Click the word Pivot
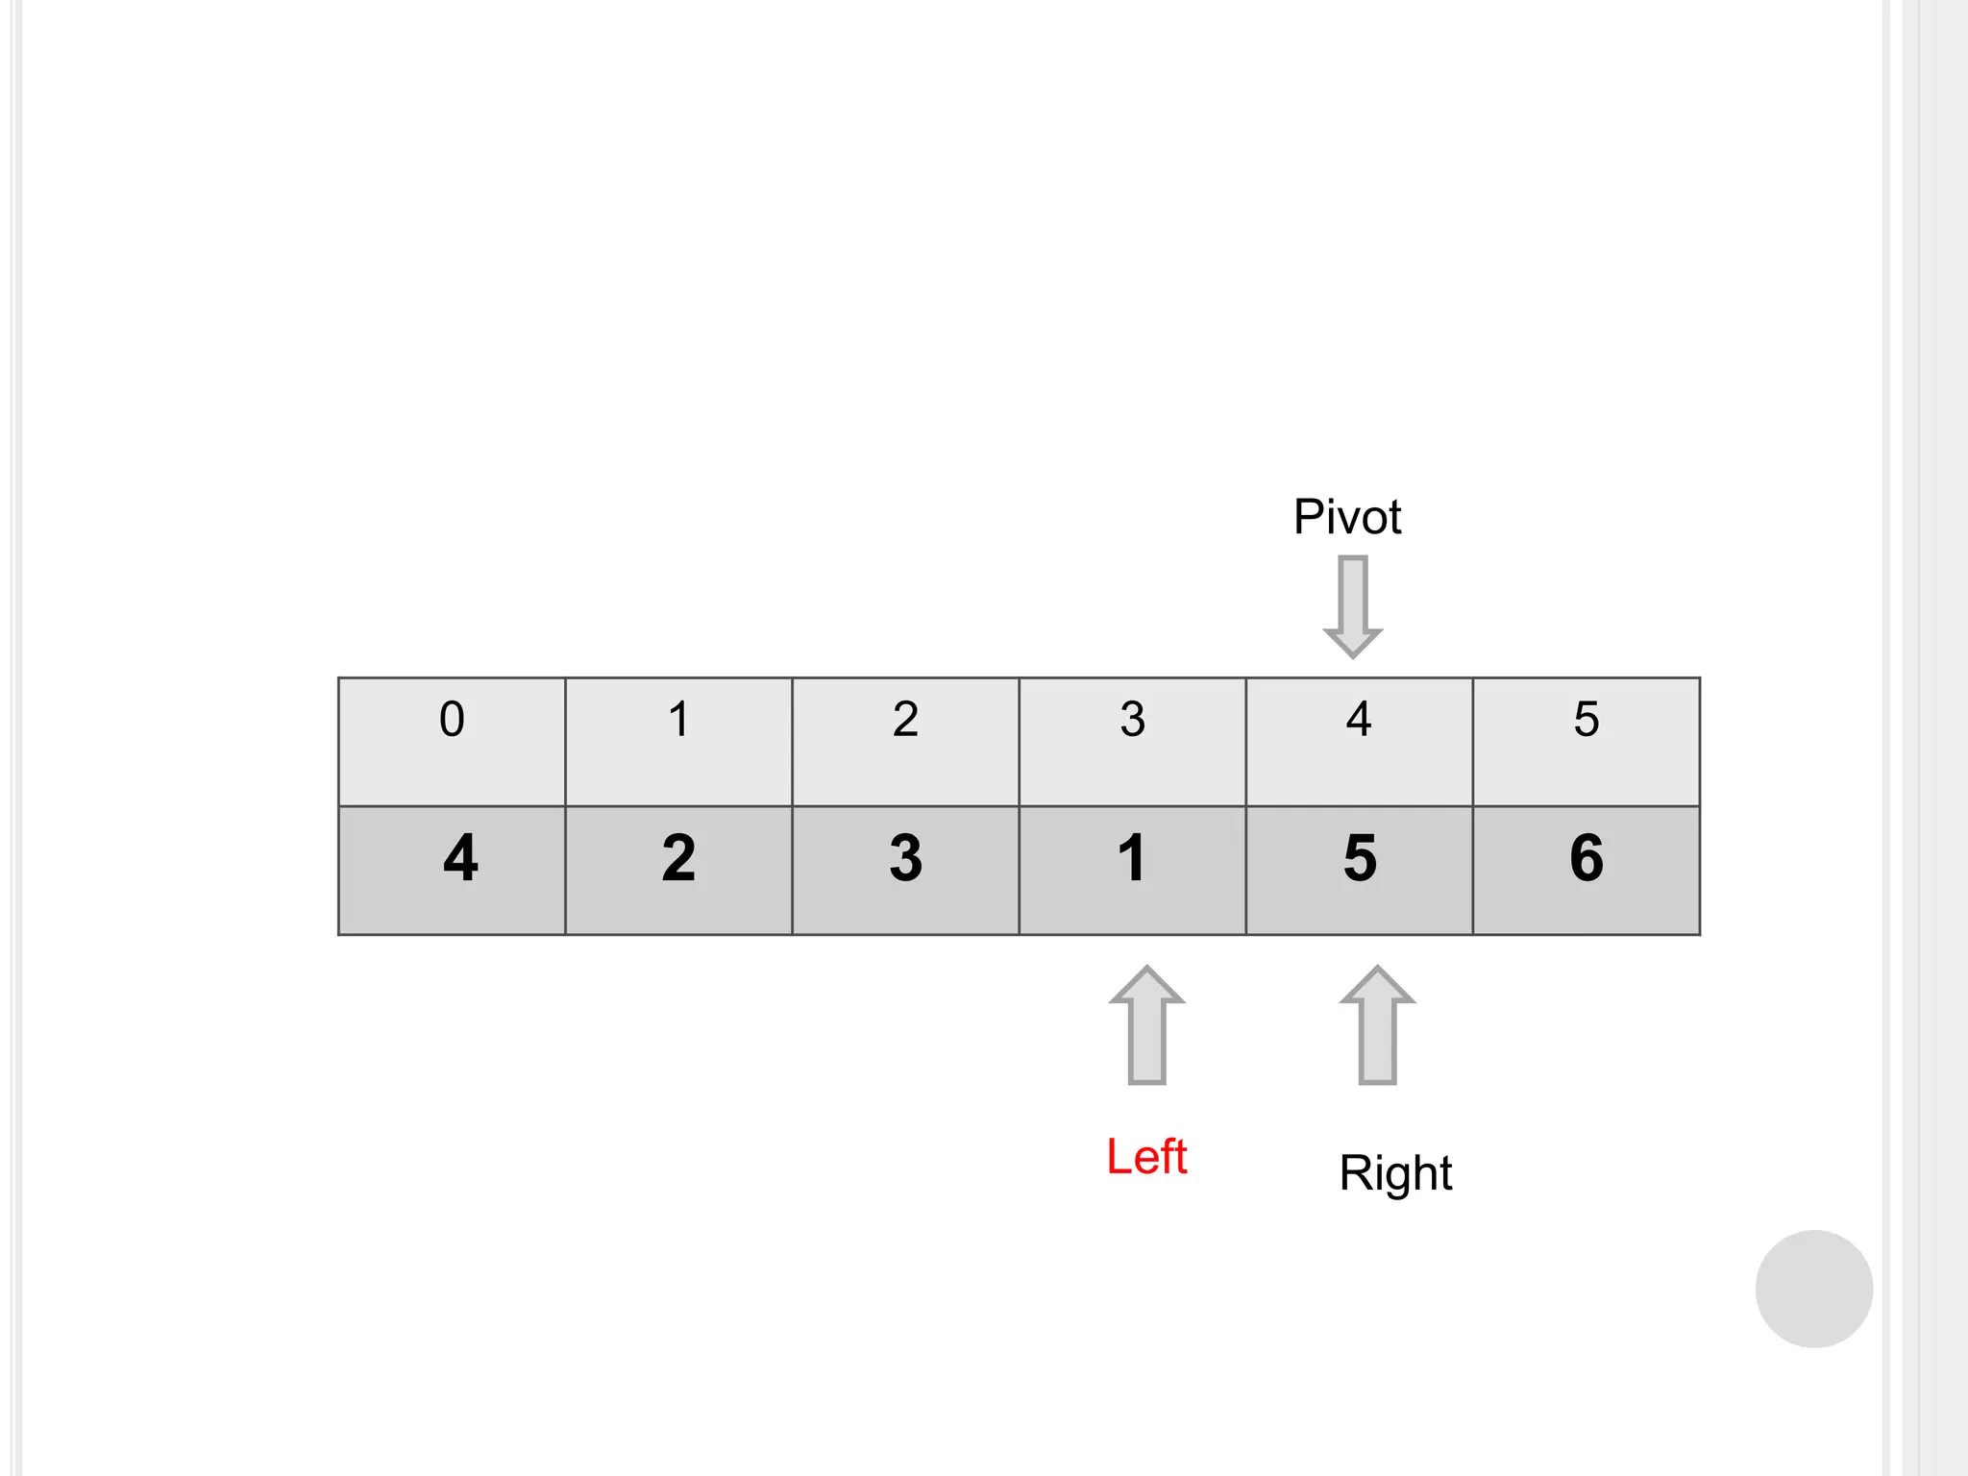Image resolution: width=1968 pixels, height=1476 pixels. click(1346, 517)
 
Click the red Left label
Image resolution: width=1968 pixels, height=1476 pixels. click(1146, 1156)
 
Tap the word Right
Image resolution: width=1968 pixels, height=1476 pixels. click(1395, 1173)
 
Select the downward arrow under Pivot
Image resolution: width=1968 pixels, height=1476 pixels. click(1353, 605)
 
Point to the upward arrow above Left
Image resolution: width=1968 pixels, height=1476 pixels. click(1146, 1025)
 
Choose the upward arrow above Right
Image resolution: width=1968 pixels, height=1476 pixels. click(1377, 1025)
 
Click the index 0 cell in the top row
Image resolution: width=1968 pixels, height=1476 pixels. click(452, 741)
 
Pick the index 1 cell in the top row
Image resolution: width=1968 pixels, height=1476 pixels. click(678, 741)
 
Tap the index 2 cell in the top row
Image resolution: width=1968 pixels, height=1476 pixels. click(905, 741)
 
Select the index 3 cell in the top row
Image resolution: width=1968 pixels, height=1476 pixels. click(1132, 741)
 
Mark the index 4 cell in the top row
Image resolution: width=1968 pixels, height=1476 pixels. click(1359, 741)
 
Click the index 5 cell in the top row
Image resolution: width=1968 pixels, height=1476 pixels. click(1586, 741)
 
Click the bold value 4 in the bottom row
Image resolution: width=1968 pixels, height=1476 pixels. click(460, 857)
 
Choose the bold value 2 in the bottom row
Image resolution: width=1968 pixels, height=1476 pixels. click(678, 857)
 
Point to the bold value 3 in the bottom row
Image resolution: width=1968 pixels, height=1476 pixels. click(905, 857)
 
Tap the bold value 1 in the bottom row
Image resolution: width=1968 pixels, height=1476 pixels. click(1132, 857)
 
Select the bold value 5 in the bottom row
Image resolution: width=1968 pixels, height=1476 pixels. click(1360, 857)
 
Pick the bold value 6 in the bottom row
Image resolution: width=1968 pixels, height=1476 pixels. click(1587, 857)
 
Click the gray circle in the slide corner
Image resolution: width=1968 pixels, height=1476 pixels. click(1813, 1289)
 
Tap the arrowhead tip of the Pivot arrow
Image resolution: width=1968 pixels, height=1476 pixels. click(1353, 654)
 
